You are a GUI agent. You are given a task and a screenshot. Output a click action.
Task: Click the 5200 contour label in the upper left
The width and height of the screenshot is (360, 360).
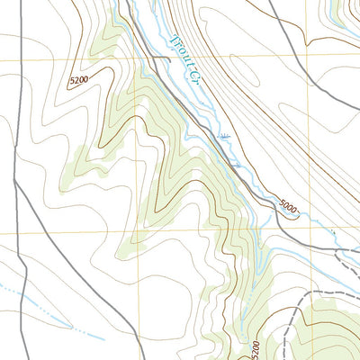click(x=80, y=81)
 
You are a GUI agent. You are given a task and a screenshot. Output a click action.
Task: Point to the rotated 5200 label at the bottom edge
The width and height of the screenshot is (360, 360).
click(x=256, y=348)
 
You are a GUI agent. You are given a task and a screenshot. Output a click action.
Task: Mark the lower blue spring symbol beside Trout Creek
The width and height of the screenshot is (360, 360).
click(x=236, y=166)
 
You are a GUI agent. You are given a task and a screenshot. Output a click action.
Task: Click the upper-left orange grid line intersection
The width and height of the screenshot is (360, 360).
click(x=138, y=58)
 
